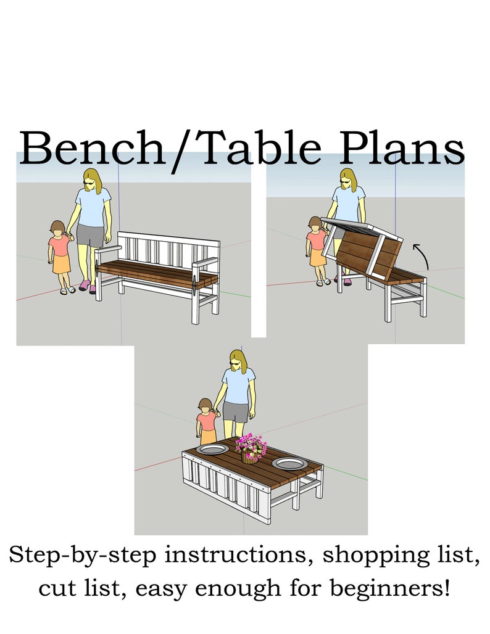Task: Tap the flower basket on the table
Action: [249, 449]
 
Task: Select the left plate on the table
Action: [212, 449]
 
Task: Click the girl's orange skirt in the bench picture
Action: [61, 264]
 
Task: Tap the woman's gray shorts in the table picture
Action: [236, 411]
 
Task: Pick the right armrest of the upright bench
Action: [204, 264]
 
